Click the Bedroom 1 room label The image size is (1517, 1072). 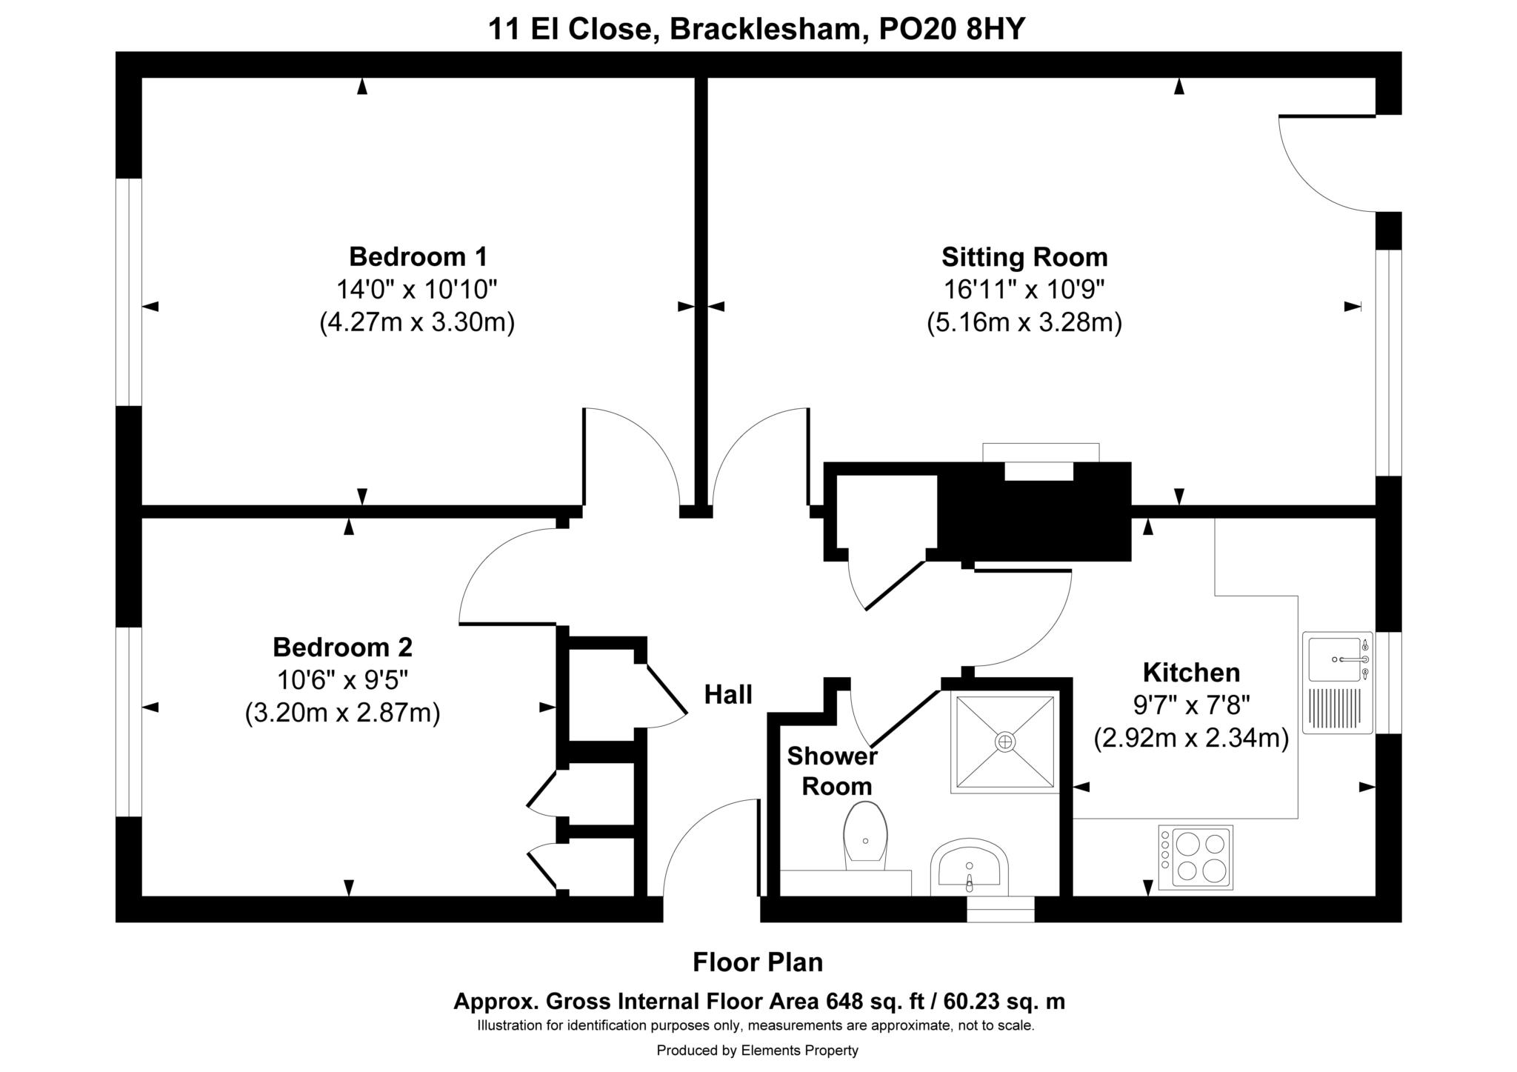tap(418, 257)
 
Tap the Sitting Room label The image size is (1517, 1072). tap(1024, 257)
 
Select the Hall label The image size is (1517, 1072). tap(727, 694)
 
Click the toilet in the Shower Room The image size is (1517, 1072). tap(865, 838)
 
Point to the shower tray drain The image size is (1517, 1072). tap(1004, 742)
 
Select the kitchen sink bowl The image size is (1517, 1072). tap(1333, 659)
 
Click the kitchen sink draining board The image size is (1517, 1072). tap(1335, 708)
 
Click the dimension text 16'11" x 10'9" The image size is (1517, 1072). tap(1024, 290)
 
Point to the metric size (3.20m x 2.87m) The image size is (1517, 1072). tap(342, 713)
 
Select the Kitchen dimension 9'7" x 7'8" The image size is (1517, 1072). tap(1190, 705)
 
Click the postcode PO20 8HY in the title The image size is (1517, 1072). tap(951, 30)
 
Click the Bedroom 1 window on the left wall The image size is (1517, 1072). tap(129, 292)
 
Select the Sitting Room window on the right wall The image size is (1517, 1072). tap(1388, 362)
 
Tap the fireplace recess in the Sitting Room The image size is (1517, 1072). tap(1038, 471)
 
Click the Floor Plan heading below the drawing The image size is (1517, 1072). tap(757, 962)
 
